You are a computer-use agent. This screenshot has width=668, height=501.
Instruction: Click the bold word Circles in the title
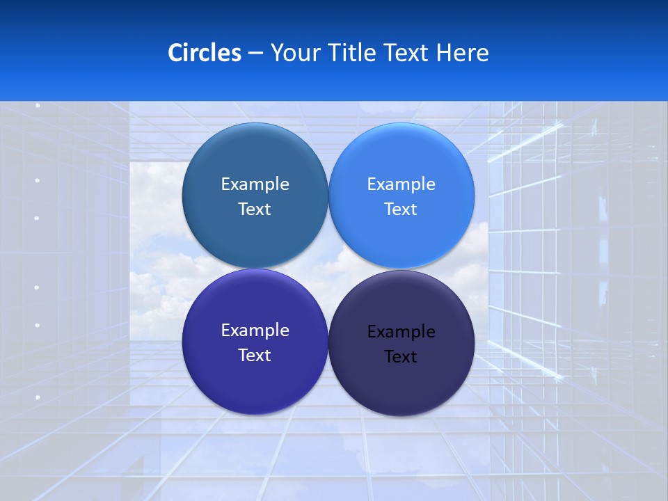click(x=205, y=53)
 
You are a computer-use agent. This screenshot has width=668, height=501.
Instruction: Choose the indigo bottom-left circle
click(x=255, y=379)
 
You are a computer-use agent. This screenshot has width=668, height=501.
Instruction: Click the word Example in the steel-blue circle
click(x=255, y=184)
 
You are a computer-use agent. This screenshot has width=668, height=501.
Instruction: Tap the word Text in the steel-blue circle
click(x=255, y=209)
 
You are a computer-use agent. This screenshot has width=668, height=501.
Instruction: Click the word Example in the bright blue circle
click(x=401, y=184)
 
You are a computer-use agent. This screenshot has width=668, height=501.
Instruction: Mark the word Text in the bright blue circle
click(x=401, y=209)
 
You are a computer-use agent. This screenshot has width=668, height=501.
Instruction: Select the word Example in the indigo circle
click(x=255, y=331)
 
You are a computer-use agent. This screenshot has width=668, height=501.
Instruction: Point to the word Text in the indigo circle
click(x=255, y=356)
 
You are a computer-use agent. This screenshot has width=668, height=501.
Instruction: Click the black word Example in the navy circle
click(x=401, y=332)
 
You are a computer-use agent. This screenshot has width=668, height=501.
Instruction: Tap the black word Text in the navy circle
click(x=401, y=357)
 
